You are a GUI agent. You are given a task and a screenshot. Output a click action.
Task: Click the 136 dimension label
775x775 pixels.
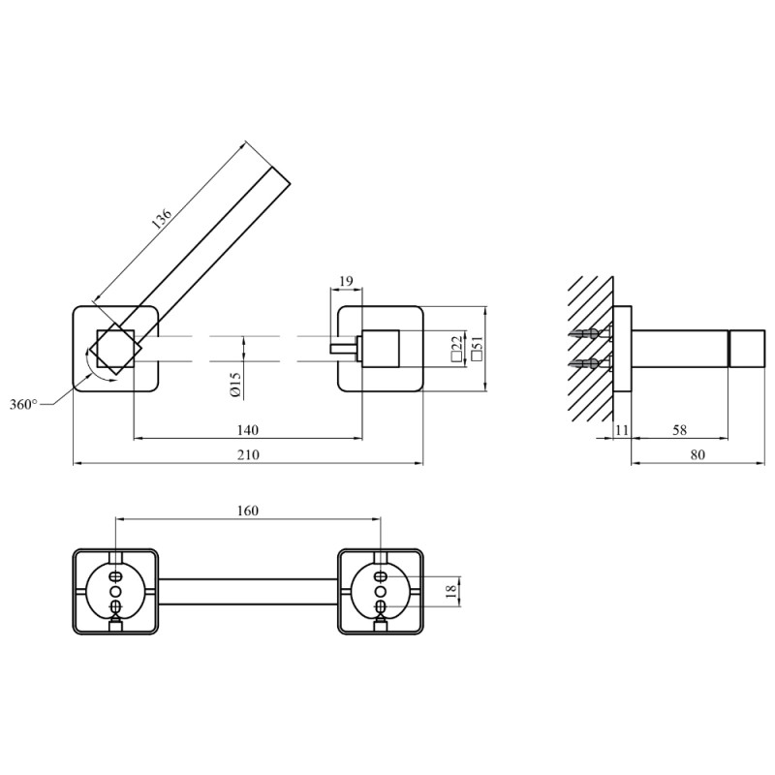[x=162, y=219]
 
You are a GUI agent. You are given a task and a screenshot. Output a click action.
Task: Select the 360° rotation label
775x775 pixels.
[x=23, y=405]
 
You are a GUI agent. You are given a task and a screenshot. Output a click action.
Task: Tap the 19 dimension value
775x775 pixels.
[x=347, y=281]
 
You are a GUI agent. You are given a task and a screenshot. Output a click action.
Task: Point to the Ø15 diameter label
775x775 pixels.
[x=235, y=385]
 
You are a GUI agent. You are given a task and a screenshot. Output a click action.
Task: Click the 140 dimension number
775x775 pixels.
[x=248, y=430]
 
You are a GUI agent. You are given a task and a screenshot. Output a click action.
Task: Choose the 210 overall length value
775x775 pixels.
[x=248, y=454]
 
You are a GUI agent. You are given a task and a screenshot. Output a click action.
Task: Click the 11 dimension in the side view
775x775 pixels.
[x=622, y=430]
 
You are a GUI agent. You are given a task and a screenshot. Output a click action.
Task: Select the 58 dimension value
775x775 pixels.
[x=680, y=430]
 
